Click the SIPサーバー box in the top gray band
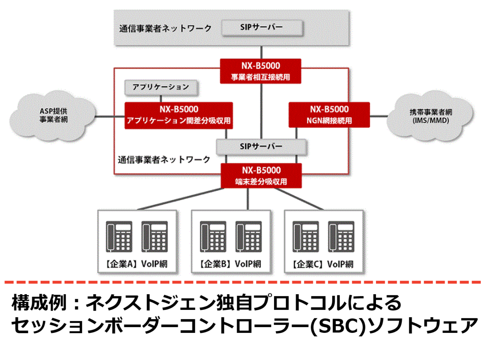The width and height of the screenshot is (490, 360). (262, 28)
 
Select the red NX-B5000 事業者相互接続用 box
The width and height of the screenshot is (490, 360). (261, 71)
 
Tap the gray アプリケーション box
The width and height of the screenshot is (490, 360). (161, 87)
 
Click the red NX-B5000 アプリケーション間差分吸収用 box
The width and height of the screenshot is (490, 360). (179, 115)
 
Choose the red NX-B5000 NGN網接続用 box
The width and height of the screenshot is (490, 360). (329, 115)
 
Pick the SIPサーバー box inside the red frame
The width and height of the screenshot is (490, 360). (261, 146)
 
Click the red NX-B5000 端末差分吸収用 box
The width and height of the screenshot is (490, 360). (261, 176)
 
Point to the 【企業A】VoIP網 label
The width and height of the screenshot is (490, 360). (137, 264)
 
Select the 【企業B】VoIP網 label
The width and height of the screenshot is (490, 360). (230, 264)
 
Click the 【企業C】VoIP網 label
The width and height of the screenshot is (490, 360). (323, 264)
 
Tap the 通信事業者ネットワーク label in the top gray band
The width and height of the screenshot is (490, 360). (165, 28)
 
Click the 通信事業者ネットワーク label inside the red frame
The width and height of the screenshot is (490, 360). (164, 159)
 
